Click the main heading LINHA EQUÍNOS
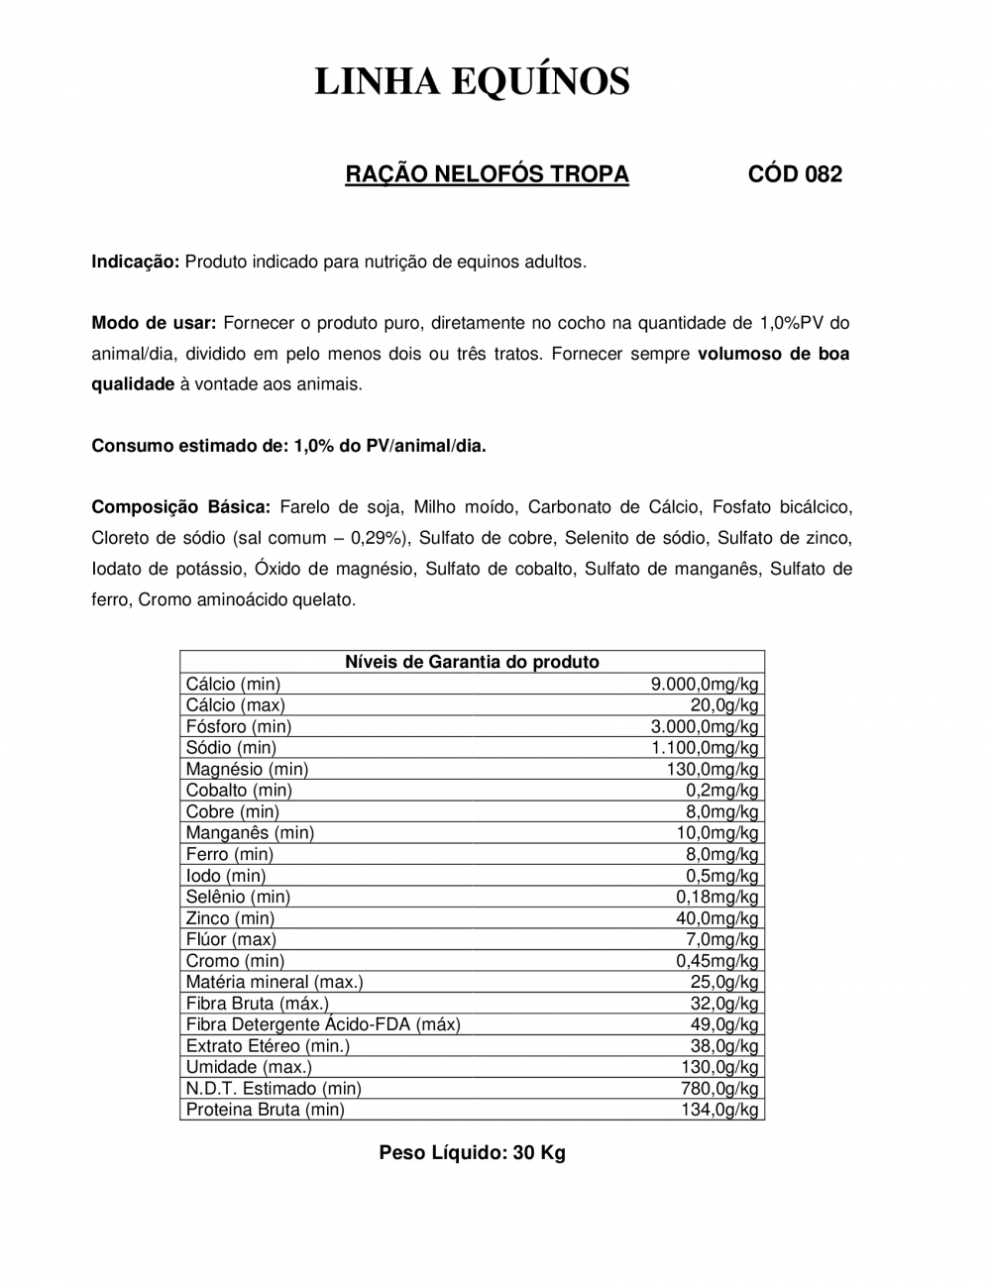pos(472,81)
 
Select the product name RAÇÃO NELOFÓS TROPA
pos(487,174)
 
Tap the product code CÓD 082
pos(795,174)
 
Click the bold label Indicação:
pos(135,262)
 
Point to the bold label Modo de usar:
pos(154,323)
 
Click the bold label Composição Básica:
pos(180,507)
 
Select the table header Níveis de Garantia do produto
pos(472,662)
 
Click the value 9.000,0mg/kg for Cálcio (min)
pos(705,684)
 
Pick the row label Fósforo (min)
pos(238,726)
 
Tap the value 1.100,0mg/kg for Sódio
pos(705,748)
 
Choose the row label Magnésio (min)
pos(247,769)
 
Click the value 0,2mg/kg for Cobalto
pos(722,791)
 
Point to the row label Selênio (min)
pos(238,897)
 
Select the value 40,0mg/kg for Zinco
pos(717,918)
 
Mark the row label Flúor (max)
pos(231,939)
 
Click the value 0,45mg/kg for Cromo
pos(717,961)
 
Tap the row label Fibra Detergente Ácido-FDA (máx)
pos(323,1024)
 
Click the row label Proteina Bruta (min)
pos(266,1110)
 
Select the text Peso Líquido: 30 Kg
pos(472,1153)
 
